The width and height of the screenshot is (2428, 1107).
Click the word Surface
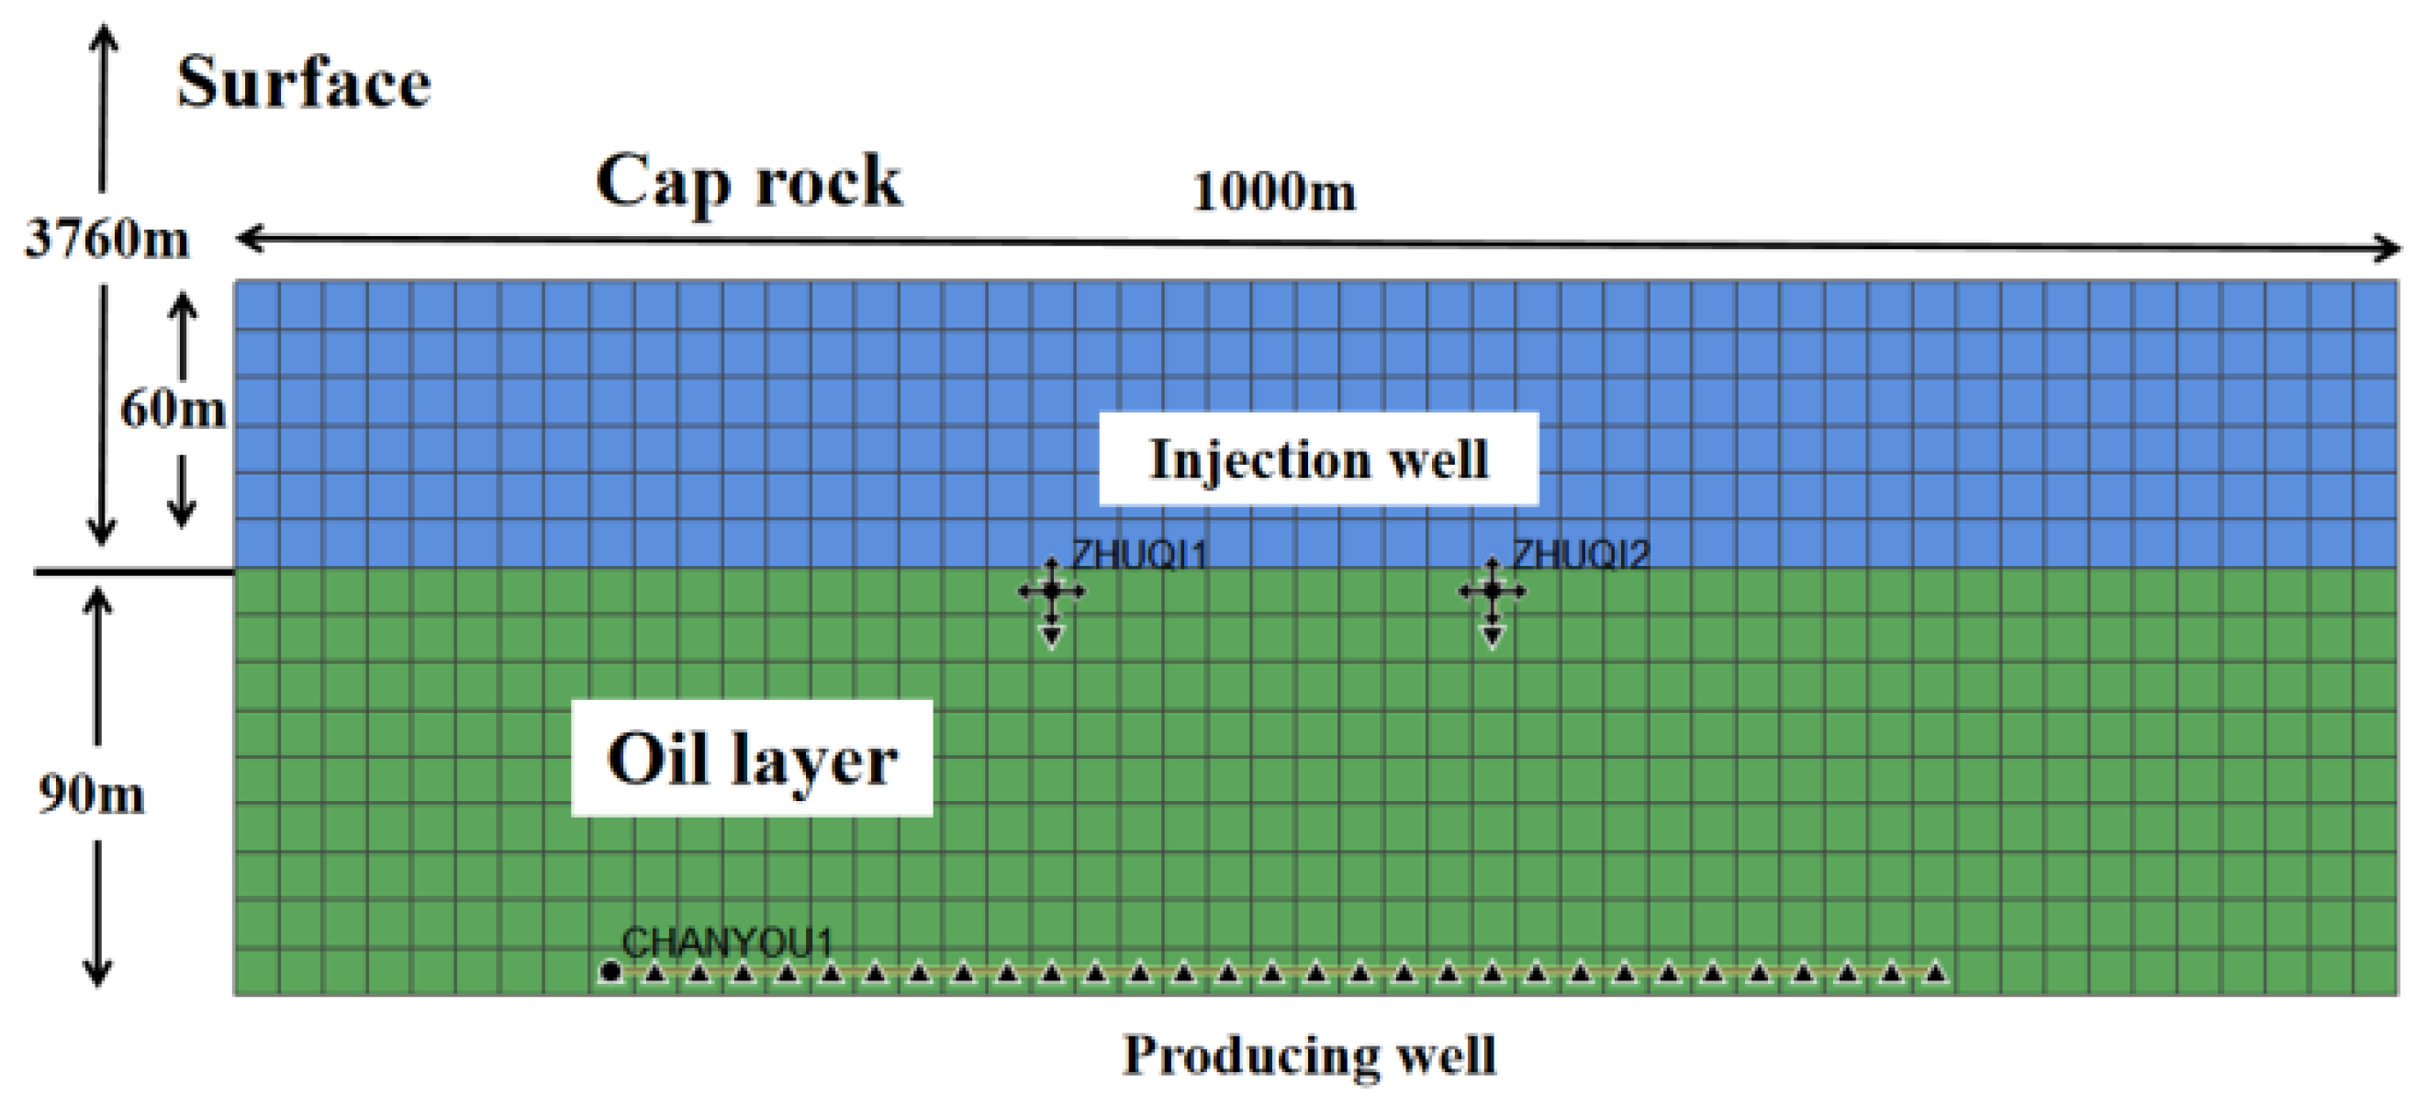tap(304, 83)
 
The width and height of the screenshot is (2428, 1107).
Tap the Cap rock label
tap(749, 181)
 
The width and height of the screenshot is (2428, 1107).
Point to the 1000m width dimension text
tap(1273, 192)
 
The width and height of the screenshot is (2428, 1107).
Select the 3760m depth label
tap(106, 238)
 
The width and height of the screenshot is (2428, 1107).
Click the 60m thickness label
tap(173, 409)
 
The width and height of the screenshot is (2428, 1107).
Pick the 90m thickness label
tap(92, 794)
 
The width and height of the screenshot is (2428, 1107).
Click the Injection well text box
tap(1318, 459)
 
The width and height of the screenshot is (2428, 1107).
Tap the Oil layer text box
tap(751, 758)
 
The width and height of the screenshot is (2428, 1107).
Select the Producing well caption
tap(1309, 1056)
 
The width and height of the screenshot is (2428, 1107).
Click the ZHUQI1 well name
tap(1139, 556)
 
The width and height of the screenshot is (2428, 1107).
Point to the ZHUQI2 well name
tap(1581, 556)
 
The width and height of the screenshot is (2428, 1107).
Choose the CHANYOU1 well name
tap(728, 942)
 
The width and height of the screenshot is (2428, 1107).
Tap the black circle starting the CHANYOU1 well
tap(610, 971)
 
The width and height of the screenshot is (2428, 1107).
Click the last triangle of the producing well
tap(1935, 972)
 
